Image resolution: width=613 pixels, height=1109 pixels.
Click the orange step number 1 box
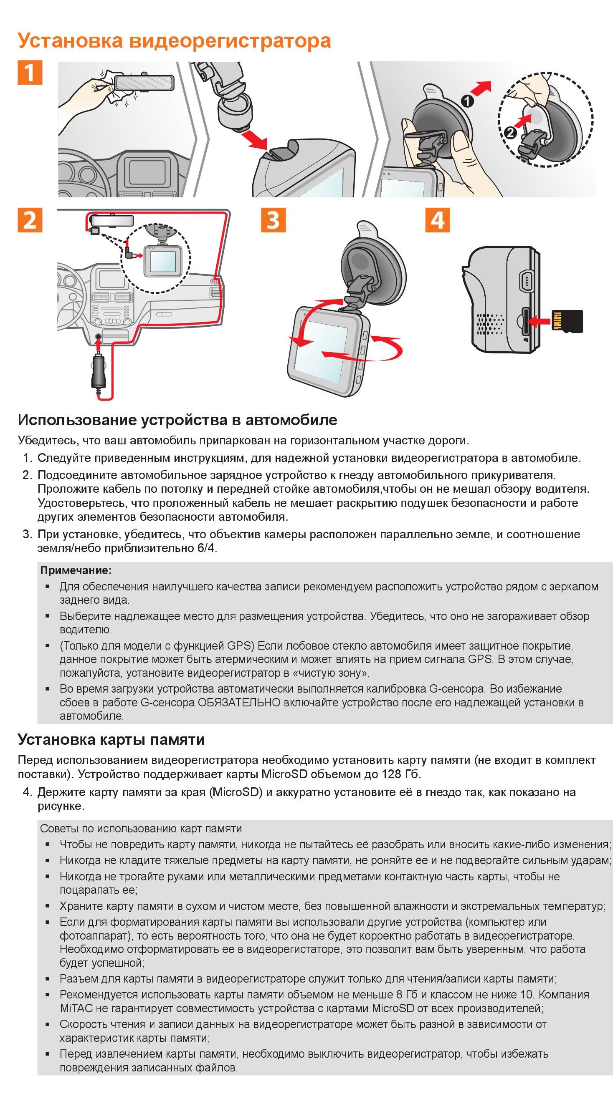(x=30, y=73)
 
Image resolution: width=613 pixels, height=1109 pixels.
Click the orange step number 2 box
(x=30, y=220)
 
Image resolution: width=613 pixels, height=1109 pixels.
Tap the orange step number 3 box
(x=273, y=220)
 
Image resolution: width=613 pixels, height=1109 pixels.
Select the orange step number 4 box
(x=438, y=220)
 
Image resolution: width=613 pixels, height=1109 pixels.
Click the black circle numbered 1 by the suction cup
(x=467, y=102)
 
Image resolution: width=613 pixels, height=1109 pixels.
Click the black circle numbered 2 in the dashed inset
(x=510, y=133)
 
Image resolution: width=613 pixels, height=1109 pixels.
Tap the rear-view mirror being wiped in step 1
(x=144, y=82)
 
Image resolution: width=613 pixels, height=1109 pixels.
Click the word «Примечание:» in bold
(x=76, y=570)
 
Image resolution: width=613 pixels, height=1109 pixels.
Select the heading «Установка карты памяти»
(x=111, y=740)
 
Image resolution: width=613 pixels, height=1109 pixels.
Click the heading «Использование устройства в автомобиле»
(x=177, y=420)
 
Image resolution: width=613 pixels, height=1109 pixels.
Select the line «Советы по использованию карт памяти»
(x=141, y=829)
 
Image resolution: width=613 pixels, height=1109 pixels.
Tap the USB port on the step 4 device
(x=527, y=281)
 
